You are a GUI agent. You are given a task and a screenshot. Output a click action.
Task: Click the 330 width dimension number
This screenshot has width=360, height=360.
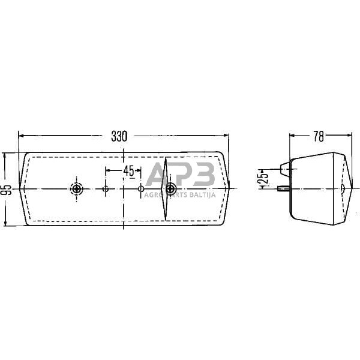(119, 136)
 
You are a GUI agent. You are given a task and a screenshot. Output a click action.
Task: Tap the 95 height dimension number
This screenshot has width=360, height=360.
(6, 190)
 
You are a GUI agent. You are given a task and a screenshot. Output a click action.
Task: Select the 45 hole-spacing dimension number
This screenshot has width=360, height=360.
(128, 170)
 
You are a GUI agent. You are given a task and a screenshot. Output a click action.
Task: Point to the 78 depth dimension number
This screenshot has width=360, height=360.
(318, 136)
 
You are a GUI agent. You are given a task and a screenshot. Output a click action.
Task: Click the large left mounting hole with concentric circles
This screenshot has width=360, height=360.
(77, 189)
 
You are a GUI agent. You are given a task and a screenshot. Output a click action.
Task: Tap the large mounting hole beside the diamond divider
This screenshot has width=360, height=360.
(171, 189)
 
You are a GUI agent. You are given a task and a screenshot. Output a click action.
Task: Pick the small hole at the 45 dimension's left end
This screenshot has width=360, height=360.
(106, 189)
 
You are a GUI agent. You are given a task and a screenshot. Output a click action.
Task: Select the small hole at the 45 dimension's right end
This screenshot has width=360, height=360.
(142, 189)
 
